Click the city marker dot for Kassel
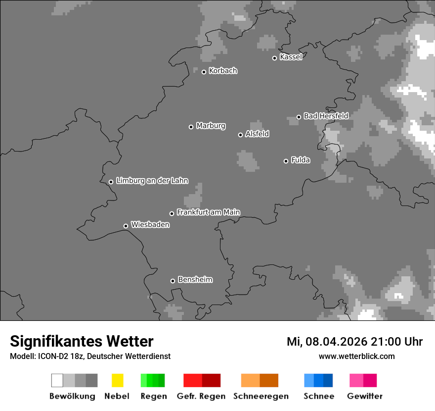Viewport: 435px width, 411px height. tap(275, 58)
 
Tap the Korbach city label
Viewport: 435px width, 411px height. tap(223, 71)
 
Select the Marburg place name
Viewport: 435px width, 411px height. tap(211, 126)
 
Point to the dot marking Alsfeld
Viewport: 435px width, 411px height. tap(241, 135)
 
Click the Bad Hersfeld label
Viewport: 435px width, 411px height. tap(326, 116)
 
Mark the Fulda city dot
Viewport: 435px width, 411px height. tap(286, 161)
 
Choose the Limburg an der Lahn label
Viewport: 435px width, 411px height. tap(152, 181)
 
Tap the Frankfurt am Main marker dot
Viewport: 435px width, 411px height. tap(172, 213)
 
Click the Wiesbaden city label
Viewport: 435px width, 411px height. tap(150, 225)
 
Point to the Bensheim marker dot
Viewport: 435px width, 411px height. tap(173, 281)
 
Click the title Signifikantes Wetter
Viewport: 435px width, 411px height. tap(82, 341)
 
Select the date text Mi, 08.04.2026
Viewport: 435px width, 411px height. tap(325, 342)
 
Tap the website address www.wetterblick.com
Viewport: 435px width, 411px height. tap(357, 356)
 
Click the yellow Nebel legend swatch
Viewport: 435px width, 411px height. tap(117, 380)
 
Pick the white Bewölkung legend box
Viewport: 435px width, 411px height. tap(57, 380)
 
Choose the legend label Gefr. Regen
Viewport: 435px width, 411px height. tap(201, 396)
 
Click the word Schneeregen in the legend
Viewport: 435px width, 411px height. tap(261, 396)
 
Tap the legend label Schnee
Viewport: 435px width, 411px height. tap(319, 396)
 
